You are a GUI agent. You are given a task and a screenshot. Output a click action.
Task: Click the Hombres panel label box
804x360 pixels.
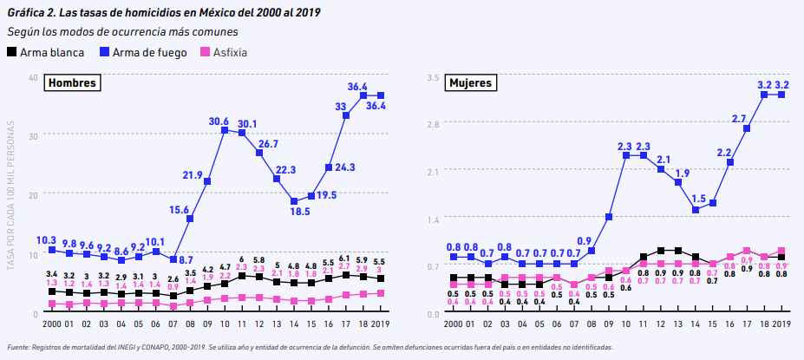coord(71,83)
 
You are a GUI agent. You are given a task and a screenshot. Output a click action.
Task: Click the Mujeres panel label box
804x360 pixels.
coord(470,83)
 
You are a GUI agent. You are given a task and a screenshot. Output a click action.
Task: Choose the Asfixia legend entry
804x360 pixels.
coord(222,52)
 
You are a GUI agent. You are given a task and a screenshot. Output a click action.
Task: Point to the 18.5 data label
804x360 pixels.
coord(299,211)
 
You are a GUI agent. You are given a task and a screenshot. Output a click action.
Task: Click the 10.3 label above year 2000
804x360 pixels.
coord(47,239)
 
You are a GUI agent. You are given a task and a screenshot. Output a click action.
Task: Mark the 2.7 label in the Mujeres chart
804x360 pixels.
coord(739,119)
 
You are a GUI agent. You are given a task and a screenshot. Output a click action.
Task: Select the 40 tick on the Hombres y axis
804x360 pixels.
coord(32,77)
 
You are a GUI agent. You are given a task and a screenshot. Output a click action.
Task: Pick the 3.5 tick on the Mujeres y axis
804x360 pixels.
coord(434,77)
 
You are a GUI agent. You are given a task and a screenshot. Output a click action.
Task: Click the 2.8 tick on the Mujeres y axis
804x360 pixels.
coord(434,124)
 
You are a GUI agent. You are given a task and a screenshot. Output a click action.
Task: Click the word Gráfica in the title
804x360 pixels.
coord(26,11)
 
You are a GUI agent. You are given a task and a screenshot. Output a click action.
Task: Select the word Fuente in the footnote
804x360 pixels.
coord(19,347)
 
